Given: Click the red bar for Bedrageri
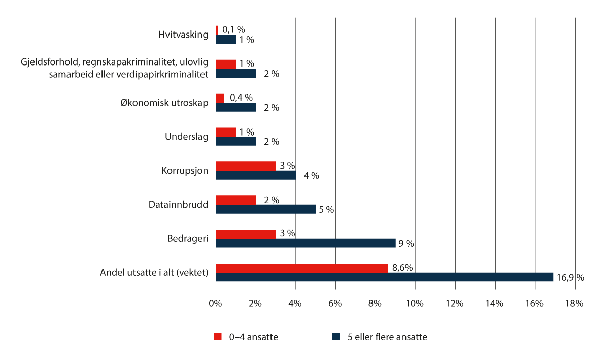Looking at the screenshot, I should [x=246, y=234].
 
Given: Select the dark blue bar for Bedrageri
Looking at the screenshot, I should [x=306, y=243].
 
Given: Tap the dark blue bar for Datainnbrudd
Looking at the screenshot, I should [x=265, y=209].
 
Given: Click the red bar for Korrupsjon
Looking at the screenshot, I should [x=246, y=166].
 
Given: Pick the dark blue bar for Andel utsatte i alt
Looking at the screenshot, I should [x=384, y=277].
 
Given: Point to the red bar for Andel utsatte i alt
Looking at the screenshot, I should [x=301, y=268].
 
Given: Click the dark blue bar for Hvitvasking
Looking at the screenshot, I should [x=226, y=39].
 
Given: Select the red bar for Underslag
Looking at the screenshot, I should [x=226, y=132].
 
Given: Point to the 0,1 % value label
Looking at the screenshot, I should [x=233, y=29].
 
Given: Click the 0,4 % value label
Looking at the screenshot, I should [x=241, y=97].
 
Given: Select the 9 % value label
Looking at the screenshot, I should [x=406, y=244].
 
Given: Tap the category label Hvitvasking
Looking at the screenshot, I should [x=183, y=35].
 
